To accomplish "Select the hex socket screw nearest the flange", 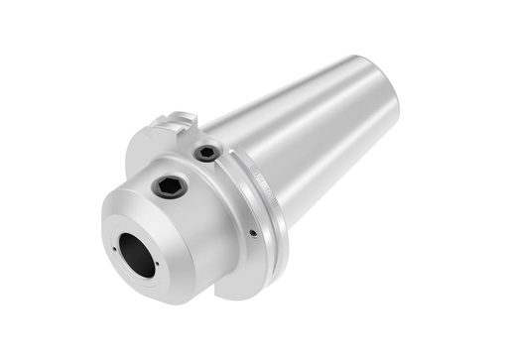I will click(206, 154).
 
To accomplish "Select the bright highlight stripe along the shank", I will click(327, 99).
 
